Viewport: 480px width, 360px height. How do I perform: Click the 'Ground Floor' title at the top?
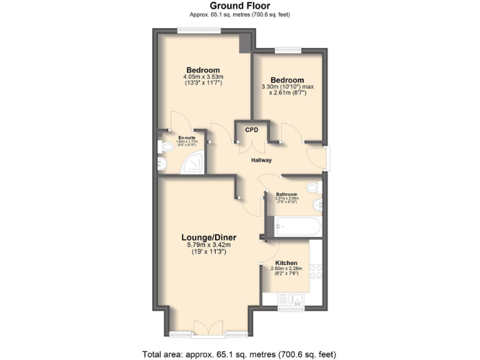click(x=241, y=6)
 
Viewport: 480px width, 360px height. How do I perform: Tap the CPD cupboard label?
click(x=252, y=130)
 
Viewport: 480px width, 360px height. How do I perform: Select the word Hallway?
click(x=261, y=161)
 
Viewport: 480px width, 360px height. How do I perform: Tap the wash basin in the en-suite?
click(x=162, y=164)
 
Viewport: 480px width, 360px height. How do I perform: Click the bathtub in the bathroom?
click(x=295, y=226)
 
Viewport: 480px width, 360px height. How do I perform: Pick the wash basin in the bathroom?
click(x=318, y=204)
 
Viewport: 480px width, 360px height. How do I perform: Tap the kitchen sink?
click(x=291, y=299)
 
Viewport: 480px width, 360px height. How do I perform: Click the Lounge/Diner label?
click(x=209, y=237)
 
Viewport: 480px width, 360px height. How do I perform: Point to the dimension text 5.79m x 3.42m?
click(x=209, y=245)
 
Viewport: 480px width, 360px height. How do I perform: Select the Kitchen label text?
click(x=287, y=263)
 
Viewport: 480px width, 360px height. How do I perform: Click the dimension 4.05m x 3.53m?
click(x=203, y=77)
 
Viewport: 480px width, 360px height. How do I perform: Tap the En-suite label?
click(x=186, y=137)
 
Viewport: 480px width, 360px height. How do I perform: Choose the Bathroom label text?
click(x=287, y=194)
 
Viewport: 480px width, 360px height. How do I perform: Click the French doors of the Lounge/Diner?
click(x=207, y=327)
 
